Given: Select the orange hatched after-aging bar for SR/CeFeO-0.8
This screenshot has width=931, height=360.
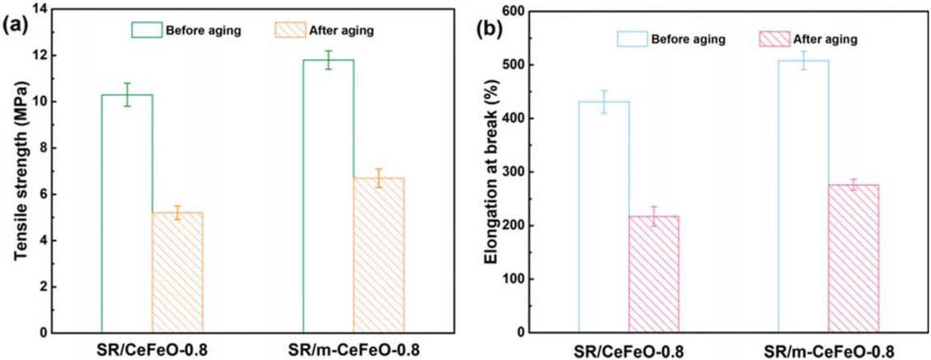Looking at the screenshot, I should click(x=178, y=272).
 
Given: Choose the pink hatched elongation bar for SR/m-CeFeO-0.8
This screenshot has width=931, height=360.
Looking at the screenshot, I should click(x=853, y=258).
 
